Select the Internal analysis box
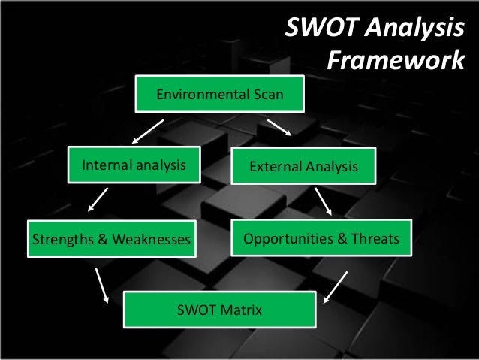click(x=134, y=165)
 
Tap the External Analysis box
click(x=303, y=165)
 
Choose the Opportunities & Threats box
click(x=321, y=240)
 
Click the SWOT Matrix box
click(x=218, y=309)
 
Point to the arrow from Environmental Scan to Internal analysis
click(x=148, y=131)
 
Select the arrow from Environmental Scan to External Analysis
click(x=279, y=127)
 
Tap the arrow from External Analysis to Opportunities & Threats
click(x=324, y=201)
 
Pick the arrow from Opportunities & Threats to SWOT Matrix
click(x=336, y=286)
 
